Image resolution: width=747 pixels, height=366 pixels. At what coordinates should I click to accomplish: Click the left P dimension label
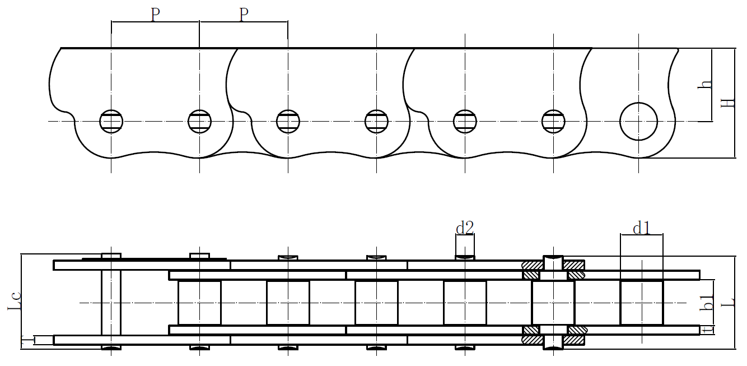point(156,15)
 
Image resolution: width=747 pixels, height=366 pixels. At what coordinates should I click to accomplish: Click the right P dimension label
point(243,15)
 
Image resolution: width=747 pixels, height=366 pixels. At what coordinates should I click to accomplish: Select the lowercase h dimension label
point(707,85)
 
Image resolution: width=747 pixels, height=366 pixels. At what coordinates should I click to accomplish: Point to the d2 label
point(465,228)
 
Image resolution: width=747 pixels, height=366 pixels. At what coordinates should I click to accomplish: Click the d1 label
point(641,228)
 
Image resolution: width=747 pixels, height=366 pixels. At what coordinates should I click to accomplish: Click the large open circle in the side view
point(638,122)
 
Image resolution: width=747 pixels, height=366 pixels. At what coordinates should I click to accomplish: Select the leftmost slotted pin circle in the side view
point(111,122)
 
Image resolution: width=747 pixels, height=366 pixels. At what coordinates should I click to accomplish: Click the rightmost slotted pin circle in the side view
point(553,122)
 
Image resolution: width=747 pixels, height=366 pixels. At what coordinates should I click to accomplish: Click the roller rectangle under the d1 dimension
point(642,303)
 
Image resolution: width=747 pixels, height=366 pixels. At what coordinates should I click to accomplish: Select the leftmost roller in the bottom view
point(199,303)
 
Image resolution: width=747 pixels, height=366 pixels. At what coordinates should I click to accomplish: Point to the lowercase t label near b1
point(708,330)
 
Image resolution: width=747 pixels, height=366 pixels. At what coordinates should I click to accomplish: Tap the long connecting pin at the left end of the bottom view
point(111,303)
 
